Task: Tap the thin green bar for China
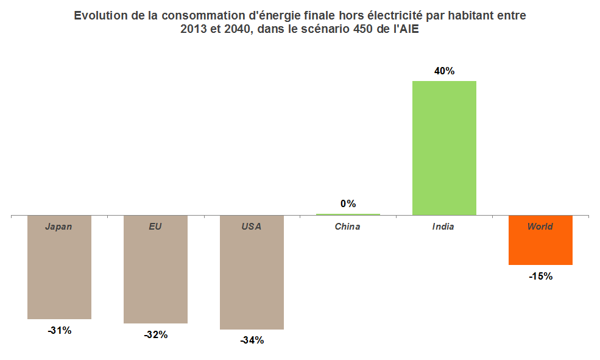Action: (348, 214)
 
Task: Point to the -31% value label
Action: (59, 331)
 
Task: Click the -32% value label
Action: (155, 334)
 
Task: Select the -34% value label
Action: (252, 341)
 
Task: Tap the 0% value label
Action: (348, 203)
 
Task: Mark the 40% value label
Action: (444, 71)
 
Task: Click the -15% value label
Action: (540, 276)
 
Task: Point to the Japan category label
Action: (58, 227)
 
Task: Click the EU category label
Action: (155, 227)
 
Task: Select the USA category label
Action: (251, 227)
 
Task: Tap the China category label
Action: (347, 227)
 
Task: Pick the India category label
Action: (443, 227)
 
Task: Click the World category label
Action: (540, 227)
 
